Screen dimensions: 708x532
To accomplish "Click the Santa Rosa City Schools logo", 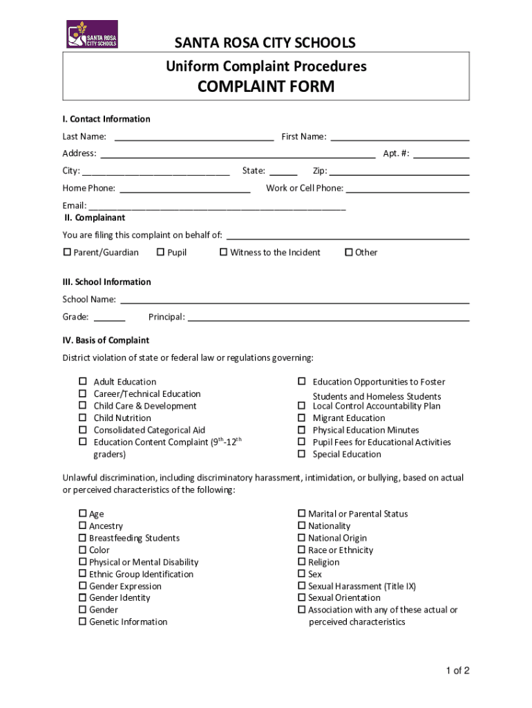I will pos(92,34).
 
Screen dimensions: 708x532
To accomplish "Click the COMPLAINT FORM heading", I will pos(265,86).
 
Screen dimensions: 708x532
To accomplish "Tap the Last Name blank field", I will pos(193,137).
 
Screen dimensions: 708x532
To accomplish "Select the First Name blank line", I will pos(400,137).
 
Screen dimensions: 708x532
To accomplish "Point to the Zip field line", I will pos(400,171).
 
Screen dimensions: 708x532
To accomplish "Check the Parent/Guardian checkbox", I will pos(67,252).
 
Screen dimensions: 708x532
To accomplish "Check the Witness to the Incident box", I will pos(223,252).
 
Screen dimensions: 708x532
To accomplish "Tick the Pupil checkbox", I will pos(160,252).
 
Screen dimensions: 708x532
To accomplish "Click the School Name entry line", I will pos(295,300).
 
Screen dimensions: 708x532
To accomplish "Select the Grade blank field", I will pos(109,317).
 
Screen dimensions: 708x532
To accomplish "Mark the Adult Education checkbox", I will pos(82,382).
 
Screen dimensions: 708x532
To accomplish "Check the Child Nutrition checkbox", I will pos(82,418).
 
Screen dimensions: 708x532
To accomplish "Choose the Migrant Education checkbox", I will pos(301,418).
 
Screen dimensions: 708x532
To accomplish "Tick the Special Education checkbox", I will pos(301,454).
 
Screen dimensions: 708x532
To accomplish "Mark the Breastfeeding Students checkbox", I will pos(83,538).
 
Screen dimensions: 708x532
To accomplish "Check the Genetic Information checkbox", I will pos(83,622).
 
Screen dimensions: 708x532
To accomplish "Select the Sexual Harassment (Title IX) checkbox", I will pos(301,586).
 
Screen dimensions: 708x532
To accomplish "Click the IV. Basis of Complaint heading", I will pos(106,340).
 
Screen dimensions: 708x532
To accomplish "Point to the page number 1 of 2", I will pos(457,671).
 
